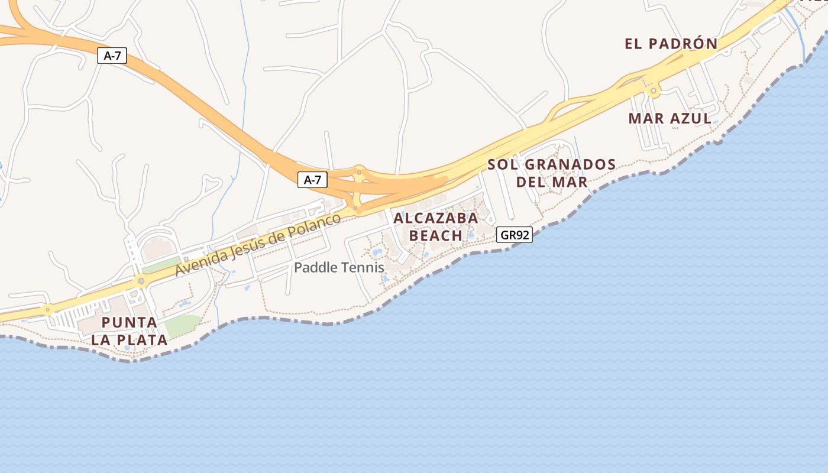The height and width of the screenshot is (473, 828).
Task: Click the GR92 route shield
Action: point(514,235)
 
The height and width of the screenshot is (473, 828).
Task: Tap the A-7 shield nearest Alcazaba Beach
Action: point(312,180)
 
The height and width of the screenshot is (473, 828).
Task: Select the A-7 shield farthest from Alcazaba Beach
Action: point(112,56)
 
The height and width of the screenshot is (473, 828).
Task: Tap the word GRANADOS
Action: point(570,164)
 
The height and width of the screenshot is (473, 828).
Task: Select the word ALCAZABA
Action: point(436,218)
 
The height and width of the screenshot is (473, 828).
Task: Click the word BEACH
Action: point(436,235)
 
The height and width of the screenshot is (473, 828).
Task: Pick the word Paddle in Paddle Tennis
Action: point(313,268)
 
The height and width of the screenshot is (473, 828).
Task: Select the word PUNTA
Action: point(130,323)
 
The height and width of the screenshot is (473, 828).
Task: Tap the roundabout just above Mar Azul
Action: point(654,92)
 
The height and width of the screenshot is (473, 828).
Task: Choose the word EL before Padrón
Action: point(634,44)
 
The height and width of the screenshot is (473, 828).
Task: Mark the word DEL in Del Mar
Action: point(531,182)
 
